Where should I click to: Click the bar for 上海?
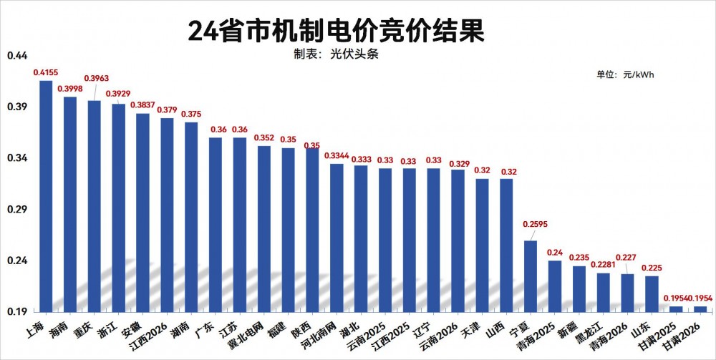tap(46, 196)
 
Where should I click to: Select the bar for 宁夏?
tap(531, 276)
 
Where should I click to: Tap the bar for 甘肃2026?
tap(700, 308)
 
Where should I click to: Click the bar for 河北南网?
tap(337, 238)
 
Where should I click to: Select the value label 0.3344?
tap(337, 155)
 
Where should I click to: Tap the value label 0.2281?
tap(604, 264)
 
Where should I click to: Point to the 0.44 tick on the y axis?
tap(17, 56)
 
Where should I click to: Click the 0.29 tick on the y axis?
tap(17, 209)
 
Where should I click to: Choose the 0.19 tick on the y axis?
tap(17, 312)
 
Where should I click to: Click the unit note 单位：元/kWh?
tap(625, 74)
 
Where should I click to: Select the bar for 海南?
tap(70, 204)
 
